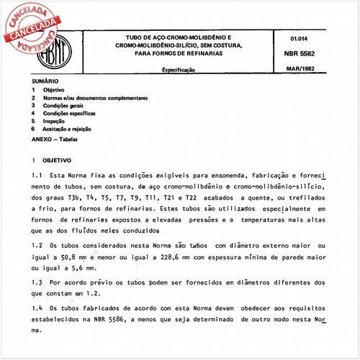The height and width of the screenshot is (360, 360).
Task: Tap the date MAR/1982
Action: tap(307, 72)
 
